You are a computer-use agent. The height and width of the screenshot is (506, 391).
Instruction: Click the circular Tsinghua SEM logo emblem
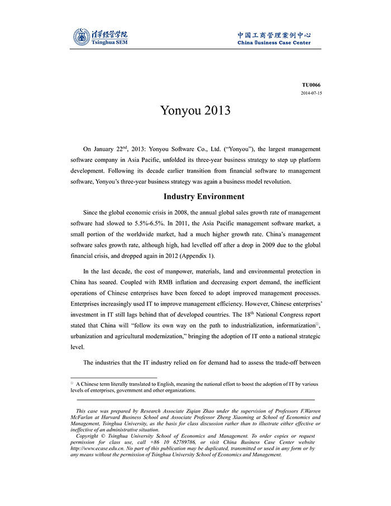[82, 37]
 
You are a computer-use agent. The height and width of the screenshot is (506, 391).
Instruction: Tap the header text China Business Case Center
[274, 42]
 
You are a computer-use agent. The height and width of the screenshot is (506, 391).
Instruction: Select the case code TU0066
[312, 85]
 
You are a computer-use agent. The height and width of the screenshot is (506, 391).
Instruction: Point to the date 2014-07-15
[311, 93]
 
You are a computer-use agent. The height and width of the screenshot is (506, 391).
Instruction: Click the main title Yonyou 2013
[195, 110]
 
